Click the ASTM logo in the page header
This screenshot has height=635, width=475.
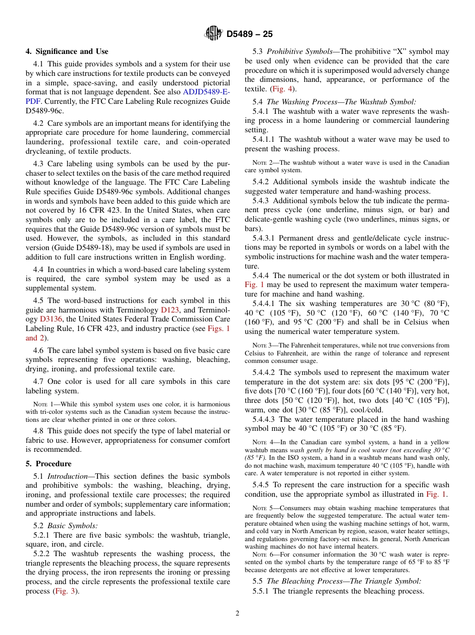pos(213,34)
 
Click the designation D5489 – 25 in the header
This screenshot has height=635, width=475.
pos(249,34)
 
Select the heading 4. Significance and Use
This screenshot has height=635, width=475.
pos(67,51)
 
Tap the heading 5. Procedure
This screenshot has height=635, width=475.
pos(48,463)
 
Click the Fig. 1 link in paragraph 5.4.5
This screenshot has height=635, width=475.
pos(436,494)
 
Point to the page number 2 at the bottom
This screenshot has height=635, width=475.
pos(237,614)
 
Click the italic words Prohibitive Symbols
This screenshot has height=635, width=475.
pos(299,51)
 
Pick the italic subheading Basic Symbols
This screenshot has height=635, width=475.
pos(72,525)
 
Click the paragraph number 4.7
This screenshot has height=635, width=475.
pos(38,382)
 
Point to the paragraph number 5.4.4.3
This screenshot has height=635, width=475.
pos(265,419)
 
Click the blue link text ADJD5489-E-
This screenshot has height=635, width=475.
pos(206,92)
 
